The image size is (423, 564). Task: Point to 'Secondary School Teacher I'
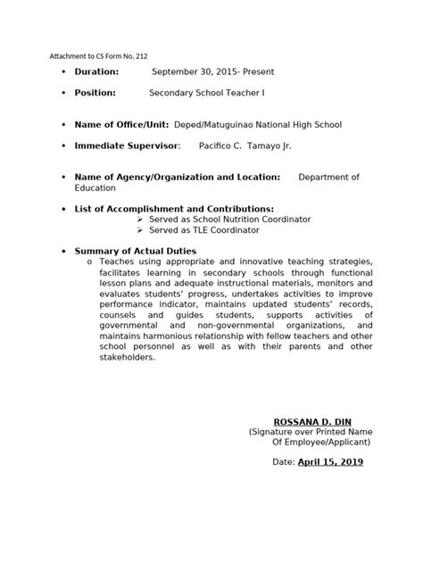[206, 93]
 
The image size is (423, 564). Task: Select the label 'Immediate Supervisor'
[127, 145]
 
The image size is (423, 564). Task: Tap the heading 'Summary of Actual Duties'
[135, 252]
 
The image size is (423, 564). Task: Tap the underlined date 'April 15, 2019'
[330, 462]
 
